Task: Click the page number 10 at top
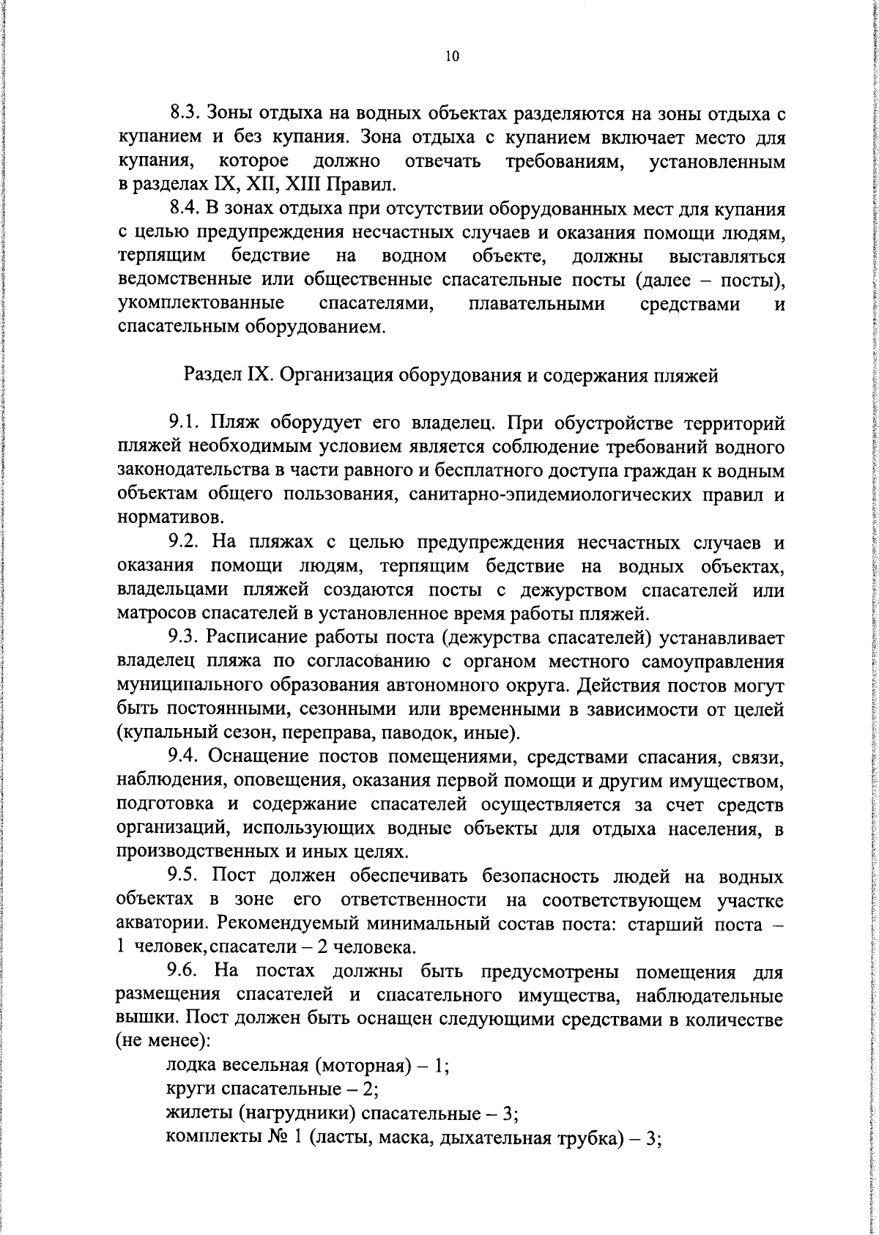(x=451, y=56)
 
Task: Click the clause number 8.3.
(x=185, y=114)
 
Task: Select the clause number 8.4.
(x=185, y=209)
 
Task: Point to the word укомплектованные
(x=201, y=304)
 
